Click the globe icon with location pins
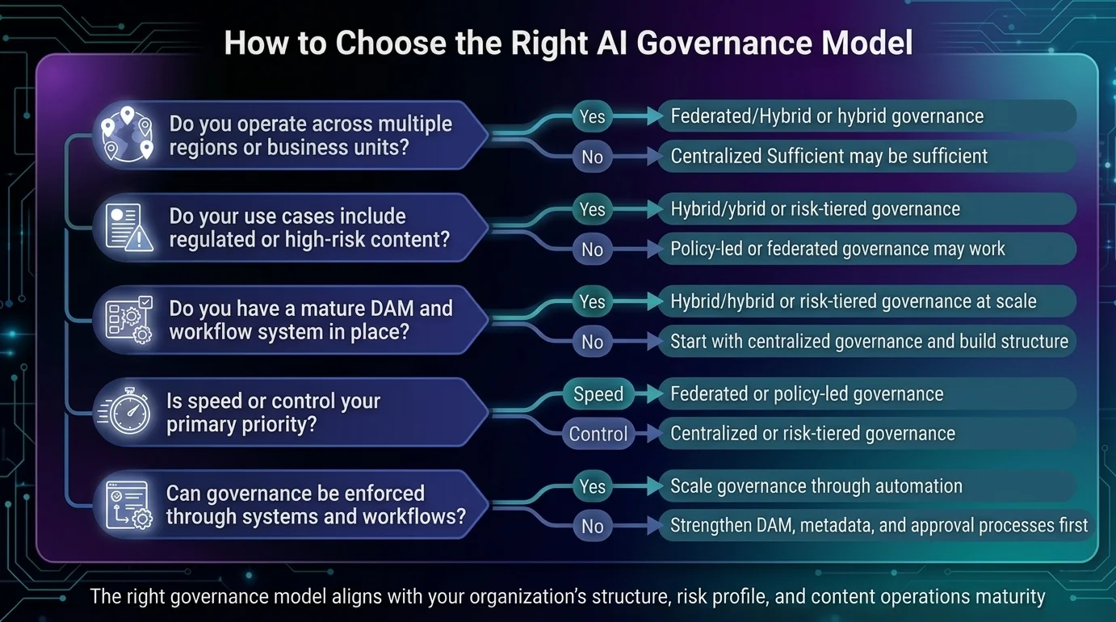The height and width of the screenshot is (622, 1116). [x=128, y=133]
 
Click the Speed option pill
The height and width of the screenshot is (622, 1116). [x=598, y=393]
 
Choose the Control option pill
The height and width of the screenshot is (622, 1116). [x=598, y=434]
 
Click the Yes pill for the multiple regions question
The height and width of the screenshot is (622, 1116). [x=593, y=116]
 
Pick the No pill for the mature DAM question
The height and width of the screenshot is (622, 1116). [x=593, y=342]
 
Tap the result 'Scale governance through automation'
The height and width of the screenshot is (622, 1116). [x=816, y=486]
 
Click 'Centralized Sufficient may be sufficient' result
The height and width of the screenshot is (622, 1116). [x=829, y=156]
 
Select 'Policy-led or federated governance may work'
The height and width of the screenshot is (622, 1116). [x=837, y=249]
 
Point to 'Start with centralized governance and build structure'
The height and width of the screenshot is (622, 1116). [x=869, y=342]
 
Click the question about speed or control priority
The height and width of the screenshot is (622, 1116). [x=273, y=412]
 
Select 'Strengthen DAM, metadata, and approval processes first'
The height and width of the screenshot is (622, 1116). [x=879, y=525]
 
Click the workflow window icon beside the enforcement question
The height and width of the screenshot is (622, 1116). [x=128, y=504]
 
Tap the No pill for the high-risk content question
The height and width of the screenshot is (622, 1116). [x=593, y=249]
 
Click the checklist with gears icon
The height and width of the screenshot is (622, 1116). [x=128, y=319]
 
